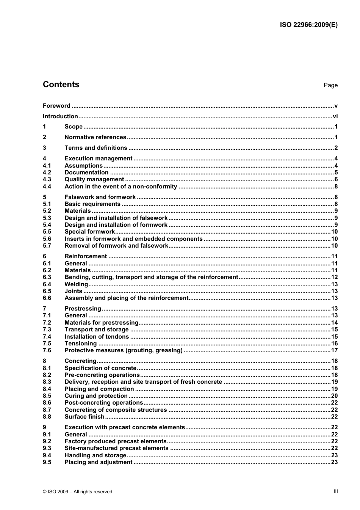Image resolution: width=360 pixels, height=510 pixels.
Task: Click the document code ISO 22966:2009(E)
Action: coord(308,25)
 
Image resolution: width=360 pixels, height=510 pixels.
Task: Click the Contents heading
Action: coord(61,85)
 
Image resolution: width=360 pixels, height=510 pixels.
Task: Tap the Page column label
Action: coord(330,85)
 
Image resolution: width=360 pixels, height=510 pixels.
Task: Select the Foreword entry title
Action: coord(56,106)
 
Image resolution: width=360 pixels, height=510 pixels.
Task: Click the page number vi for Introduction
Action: coord(335,116)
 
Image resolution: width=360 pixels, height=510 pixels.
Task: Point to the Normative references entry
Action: coord(95,137)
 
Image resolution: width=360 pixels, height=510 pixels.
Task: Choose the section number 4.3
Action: coord(47,179)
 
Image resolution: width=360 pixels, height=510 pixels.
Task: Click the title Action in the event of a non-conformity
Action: coord(121,187)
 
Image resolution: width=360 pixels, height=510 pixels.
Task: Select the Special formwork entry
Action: coord(89,232)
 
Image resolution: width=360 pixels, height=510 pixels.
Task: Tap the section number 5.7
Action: coord(47,246)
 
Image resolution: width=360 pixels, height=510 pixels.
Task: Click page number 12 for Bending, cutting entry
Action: coord(334,277)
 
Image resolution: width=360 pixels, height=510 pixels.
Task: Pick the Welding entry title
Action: coord(76,284)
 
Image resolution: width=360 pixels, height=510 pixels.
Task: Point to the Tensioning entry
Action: coord(80,344)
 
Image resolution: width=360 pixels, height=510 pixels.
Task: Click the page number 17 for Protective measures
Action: coord(334,350)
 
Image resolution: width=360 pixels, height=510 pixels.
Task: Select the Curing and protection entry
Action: coord(96,396)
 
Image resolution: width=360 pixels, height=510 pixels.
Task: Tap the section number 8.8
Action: coord(47,417)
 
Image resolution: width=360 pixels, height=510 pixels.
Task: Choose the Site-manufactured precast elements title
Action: coord(116,448)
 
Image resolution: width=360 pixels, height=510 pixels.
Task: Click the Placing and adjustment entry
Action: coord(98,462)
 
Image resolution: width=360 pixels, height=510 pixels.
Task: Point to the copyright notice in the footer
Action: coord(78,492)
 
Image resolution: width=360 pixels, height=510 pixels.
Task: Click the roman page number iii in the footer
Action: coord(336,491)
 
